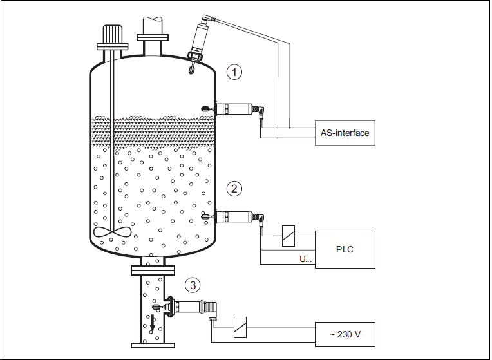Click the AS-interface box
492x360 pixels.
click(x=345, y=133)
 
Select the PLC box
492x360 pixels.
click(x=345, y=249)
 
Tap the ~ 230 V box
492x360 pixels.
click(x=345, y=335)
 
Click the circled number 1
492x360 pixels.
click(x=234, y=72)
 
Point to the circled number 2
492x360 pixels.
click(x=234, y=189)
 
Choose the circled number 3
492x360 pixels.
click(x=193, y=285)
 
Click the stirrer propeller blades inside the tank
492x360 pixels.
click(x=112, y=232)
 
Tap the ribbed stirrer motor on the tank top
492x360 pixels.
click(x=112, y=35)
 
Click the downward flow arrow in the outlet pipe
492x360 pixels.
click(x=153, y=323)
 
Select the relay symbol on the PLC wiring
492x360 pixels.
click(x=289, y=236)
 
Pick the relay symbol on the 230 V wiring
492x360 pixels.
click(x=240, y=327)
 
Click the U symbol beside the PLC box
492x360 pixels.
click(x=305, y=260)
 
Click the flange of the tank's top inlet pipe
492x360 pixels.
click(x=153, y=37)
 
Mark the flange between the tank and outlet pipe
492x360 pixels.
click(x=153, y=270)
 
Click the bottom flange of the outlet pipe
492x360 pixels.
click(x=153, y=345)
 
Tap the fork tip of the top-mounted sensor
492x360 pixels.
click(x=191, y=69)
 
